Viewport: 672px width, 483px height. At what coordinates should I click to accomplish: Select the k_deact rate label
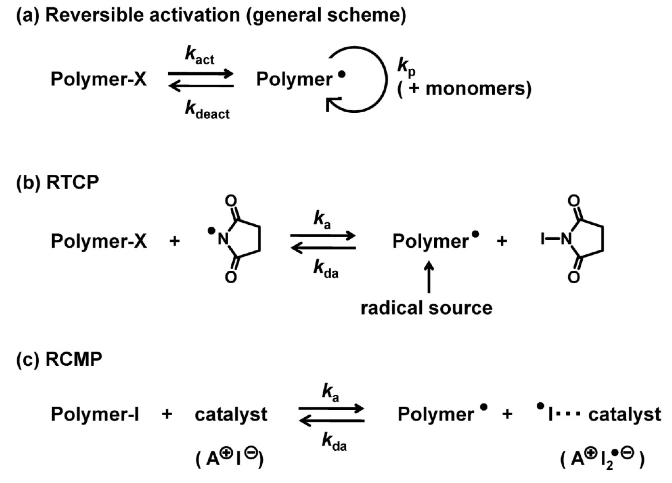pyautogui.click(x=207, y=110)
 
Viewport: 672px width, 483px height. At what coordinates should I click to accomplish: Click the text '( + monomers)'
pyautogui.click(x=464, y=89)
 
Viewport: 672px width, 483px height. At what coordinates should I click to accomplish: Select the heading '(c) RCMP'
pyautogui.click(x=59, y=359)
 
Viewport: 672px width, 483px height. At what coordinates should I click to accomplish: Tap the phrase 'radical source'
pyautogui.click(x=426, y=308)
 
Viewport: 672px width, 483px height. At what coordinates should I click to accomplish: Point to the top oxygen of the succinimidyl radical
pyautogui.click(x=231, y=201)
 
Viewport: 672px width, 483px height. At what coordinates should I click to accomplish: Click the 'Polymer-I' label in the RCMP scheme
pyautogui.click(x=95, y=414)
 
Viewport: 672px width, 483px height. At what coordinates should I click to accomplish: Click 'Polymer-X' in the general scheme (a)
pyautogui.click(x=99, y=79)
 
